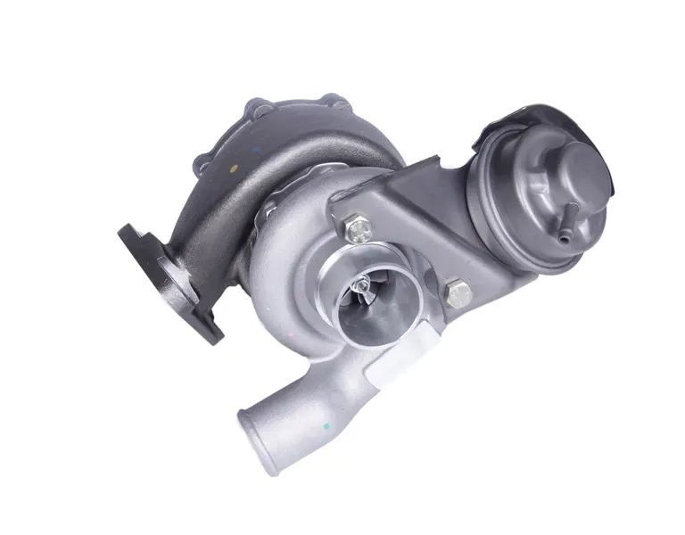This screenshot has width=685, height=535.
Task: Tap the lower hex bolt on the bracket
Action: tap(457, 293)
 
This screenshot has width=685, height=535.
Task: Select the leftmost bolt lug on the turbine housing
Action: tap(203, 164)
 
